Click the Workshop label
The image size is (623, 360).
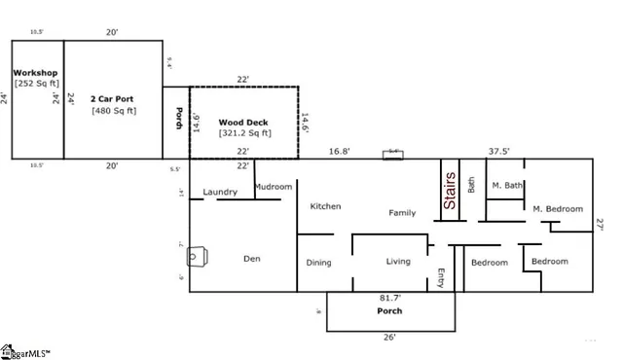pos(36,74)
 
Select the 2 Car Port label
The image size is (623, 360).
pos(113,99)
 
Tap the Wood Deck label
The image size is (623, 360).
pos(243,122)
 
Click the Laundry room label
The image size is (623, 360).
pos(220,192)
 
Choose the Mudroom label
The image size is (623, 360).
pos(273,186)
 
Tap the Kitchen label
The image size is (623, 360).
pos(325,206)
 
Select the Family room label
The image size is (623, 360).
pos(402,212)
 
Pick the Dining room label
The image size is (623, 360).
pos(319,262)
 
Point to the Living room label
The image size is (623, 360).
pos(398,261)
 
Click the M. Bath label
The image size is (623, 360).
pos(507,185)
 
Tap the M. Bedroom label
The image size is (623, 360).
pos(557,208)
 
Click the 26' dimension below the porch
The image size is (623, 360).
pos(389,338)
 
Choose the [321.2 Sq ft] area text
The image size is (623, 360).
pos(244,132)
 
